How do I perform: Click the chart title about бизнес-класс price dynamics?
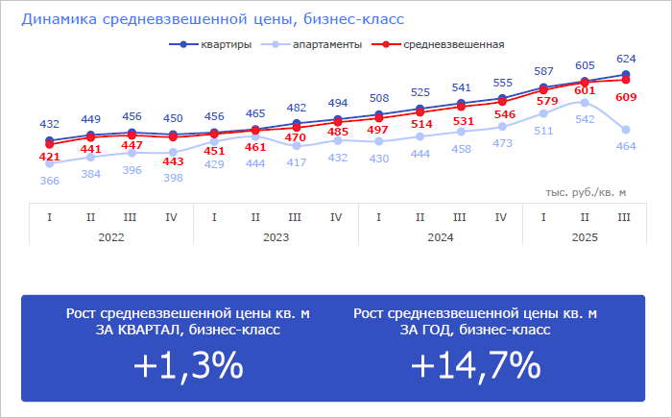coord(212,19)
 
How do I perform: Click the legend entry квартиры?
coord(227,44)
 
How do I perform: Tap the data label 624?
coord(626,59)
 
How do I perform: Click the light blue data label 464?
coord(626,146)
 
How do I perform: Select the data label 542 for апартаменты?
coord(585,119)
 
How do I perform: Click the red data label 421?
coord(50,157)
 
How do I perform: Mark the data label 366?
coord(50,180)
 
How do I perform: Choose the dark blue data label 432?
coord(50,125)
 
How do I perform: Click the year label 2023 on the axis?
coord(276,236)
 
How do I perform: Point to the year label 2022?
coord(111,236)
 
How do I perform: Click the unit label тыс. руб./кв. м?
coord(587,191)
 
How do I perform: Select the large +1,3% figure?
coord(188,366)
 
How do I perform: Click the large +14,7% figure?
coord(475,366)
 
